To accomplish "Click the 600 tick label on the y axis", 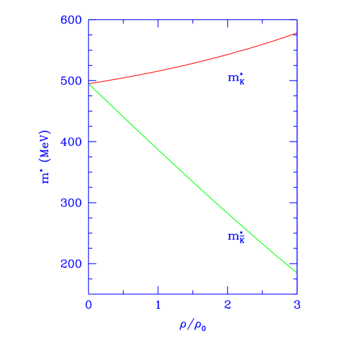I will pyautogui.click(x=71, y=20).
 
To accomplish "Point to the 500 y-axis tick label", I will pyautogui.click(x=71, y=81).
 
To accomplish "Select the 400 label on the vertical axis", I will pyautogui.click(x=71, y=142).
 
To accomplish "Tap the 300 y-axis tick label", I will pyautogui.click(x=71, y=203).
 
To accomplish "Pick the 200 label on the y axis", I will pyautogui.click(x=71, y=264).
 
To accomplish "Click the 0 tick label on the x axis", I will pyautogui.click(x=89, y=305).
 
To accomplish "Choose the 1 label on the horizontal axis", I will pyautogui.click(x=158, y=305).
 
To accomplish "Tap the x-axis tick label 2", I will pyautogui.click(x=227, y=305).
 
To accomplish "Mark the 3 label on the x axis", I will pyautogui.click(x=296, y=305).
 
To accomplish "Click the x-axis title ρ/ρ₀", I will pyautogui.click(x=193, y=324).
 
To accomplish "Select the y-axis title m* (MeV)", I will pyautogui.click(x=47, y=157).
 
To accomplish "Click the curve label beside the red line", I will pyautogui.click(x=236, y=79).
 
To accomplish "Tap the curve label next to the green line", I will pyautogui.click(x=236, y=237).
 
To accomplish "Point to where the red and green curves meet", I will pyautogui.click(x=90, y=84).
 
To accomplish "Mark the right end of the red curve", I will pyautogui.click(x=296, y=33).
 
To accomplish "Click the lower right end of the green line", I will pyautogui.click(x=296, y=272).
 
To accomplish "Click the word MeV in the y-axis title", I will pyautogui.click(x=47, y=148).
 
